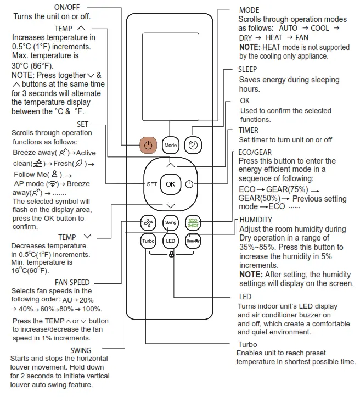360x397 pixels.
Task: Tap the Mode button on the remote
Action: coord(171,146)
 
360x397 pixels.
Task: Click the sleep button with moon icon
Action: coord(193,145)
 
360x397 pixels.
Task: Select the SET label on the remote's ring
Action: coord(152,184)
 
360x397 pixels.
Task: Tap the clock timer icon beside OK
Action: coord(189,184)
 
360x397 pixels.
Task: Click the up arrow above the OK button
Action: coord(171,164)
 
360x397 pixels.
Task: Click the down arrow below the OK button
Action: coord(171,205)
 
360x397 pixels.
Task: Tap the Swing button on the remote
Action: coord(171,223)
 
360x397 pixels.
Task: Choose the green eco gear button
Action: coord(193,223)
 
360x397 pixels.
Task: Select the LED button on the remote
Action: coord(171,241)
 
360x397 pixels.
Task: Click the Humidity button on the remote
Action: coord(193,241)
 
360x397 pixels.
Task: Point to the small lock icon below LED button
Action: coord(172,254)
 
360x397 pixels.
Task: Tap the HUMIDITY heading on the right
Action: coord(256,220)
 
